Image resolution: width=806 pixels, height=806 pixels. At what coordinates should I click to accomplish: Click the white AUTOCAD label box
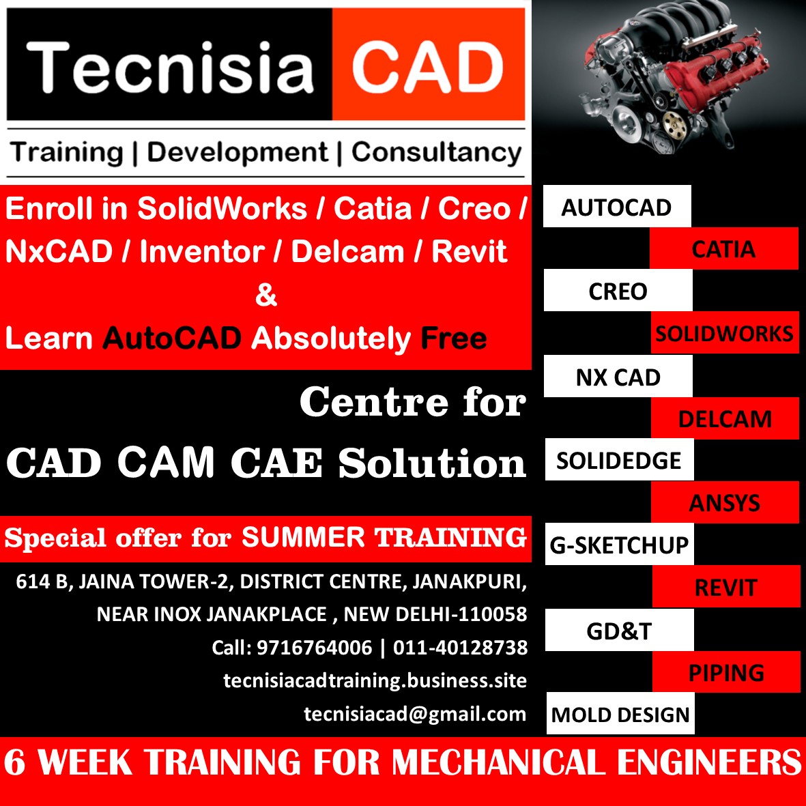point(617,206)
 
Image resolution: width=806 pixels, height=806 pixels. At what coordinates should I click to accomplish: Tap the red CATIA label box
point(723,248)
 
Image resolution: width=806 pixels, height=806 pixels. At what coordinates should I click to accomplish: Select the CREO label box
point(618,291)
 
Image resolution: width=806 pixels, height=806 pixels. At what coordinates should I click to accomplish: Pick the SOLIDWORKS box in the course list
point(724,333)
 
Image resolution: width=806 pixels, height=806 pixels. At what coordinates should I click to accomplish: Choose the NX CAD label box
point(618,376)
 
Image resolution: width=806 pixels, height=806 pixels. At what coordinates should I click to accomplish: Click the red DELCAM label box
point(725,418)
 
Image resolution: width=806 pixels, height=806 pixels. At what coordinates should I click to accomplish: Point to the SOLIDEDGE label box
point(619,460)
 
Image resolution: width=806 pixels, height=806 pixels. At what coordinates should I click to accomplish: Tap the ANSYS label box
point(725,502)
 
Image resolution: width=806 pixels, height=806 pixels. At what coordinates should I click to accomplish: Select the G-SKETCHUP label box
point(620,545)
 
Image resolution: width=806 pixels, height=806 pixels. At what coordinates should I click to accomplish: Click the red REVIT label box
point(725,587)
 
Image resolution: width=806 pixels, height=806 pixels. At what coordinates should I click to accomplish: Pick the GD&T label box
point(620,630)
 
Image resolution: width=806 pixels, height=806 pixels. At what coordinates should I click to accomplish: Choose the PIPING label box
point(726,672)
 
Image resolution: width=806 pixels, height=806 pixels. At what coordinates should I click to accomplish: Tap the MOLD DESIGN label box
point(620,715)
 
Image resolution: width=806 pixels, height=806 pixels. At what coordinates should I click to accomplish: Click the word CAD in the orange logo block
point(428,67)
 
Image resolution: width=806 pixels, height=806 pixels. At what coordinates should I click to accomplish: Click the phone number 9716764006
point(314,647)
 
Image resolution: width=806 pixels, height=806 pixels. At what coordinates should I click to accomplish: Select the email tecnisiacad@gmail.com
point(415,714)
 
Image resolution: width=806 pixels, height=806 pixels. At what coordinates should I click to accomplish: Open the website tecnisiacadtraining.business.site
point(375,680)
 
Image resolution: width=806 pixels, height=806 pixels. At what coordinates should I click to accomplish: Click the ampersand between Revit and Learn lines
point(265,295)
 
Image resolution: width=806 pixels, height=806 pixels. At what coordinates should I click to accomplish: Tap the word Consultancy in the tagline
point(436,152)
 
